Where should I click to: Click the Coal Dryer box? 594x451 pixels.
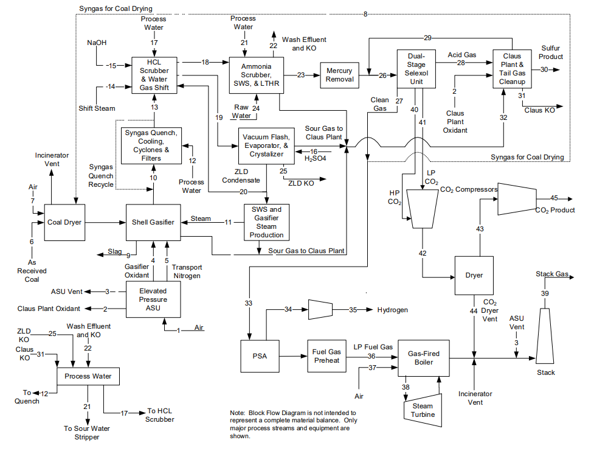(x=64, y=222)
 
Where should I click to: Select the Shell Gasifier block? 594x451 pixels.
(x=154, y=222)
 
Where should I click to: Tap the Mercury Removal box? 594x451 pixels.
(x=339, y=75)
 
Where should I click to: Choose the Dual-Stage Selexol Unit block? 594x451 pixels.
(x=416, y=69)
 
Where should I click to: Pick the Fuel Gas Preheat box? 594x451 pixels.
(x=326, y=356)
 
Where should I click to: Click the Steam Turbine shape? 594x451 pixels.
(x=423, y=410)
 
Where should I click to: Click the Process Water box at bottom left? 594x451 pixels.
(x=88, y=376)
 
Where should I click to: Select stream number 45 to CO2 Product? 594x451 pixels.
(x=554, y=198)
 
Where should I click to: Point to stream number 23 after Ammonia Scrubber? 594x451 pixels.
(x=301, y=75)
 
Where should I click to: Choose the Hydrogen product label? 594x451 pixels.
(x=392, y=310)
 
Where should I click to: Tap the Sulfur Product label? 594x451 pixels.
(x=551, y=52)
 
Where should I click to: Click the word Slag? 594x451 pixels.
(x=115, y=251)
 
